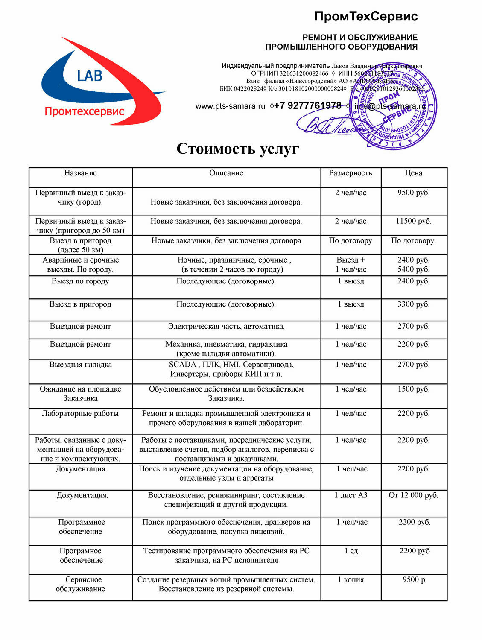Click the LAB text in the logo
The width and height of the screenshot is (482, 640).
[x=90, y=76]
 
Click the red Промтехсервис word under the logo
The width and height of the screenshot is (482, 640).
[x=84, y=111]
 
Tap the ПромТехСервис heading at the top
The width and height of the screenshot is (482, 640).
[x=366, y=17]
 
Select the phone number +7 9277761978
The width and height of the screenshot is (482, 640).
[x=307, y=105]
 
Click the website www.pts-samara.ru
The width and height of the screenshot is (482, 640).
[x=230, y=106]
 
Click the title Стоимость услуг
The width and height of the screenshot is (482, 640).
[x=238, y=149]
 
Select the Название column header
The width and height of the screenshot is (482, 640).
[x=80, y=173]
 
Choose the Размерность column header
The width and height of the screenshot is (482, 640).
[x=351, y=173]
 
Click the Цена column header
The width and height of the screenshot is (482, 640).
[x=414, y=173]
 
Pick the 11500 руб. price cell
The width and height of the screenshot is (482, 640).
[x=414, y=221]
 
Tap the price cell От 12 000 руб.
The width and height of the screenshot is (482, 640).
[x=414, y=495]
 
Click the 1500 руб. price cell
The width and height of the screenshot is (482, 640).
[x=414, y=389]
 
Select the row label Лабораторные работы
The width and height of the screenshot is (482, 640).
[x=80, y=413]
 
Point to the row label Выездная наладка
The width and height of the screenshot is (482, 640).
[x=80, y=365]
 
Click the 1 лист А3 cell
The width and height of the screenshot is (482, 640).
[x=351, y=495]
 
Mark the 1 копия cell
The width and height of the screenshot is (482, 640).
[x=351, y=579]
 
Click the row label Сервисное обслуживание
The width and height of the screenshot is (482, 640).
[x=81, y=584]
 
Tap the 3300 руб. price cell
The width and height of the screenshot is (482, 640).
[x=414, y=304]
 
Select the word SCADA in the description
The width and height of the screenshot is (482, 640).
[x=182, y=365]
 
